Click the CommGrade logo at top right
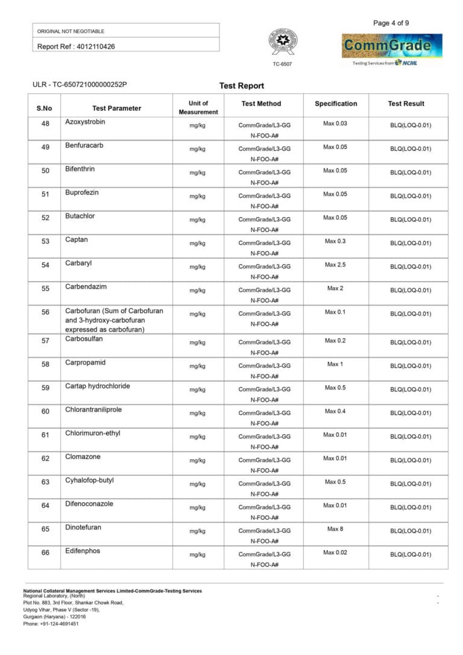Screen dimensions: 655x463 [x=392, y=46]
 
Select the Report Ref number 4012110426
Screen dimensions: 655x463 [x=95, y=46]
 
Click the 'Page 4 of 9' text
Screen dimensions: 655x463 [x=391, y=24]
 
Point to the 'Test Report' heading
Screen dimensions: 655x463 [x=242, y=86]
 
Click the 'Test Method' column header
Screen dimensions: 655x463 [x=261, y=104]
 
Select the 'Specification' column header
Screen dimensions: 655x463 [x=336, y=104]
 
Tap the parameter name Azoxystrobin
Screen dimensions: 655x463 [x=85, y=122]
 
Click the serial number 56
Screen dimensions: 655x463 [x=45, y=312]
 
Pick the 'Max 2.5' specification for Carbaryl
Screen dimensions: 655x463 [x=335, y=265]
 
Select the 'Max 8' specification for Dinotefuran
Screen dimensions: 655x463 [x=335, y=529]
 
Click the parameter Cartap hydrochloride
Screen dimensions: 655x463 [x=97, y=386]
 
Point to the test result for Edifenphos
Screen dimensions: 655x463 [x=411, y=554]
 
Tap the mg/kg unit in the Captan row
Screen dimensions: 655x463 [x=197, y=243]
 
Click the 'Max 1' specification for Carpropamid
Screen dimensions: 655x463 [x=335, y=364]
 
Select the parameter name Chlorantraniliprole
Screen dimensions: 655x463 [x=93, y=410]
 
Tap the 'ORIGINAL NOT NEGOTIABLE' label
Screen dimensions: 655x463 [x=71, y=31]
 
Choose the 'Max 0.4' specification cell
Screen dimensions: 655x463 [x=335, y=411]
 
